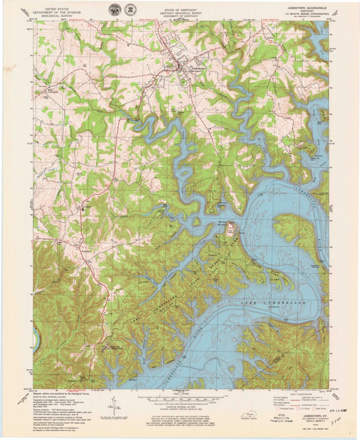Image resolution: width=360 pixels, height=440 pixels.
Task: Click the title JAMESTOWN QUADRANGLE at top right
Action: tap(308, 8)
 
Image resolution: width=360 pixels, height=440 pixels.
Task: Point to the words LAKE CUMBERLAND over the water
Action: tap(274, 302)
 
